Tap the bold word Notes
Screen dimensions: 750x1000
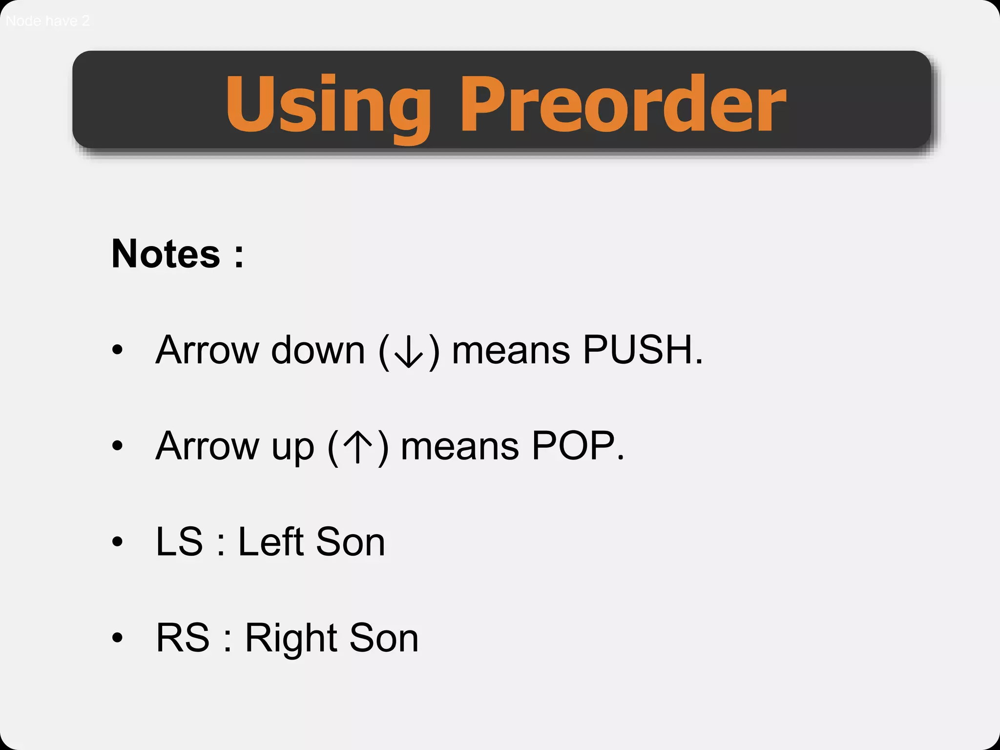pyautogui.click(x=166, y=254)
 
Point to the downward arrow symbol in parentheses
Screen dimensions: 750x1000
pyautogui.click(x=409, y=351)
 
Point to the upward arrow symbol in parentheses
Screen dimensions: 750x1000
pyautogui.click(x=358, y=446)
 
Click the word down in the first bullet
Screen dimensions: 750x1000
pyautogui.click(x=318, y=350)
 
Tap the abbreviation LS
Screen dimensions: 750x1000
pyautogui.click(x=179, y=542)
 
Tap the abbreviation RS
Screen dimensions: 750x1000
pyautogui.click(x=182, y=638)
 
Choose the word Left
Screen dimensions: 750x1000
pyautogui.click(x=271, y=542)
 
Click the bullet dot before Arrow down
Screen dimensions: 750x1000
pyautogui.click(x=117, y=350)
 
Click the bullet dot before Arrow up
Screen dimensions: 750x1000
pyautogui.click(x=117, y=445)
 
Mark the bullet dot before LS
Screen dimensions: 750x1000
pyautogui.click(x=117, y=542)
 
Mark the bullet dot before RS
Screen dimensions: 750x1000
pyautogui.click(x=117, y=638)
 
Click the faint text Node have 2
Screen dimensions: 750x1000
pyautogui.click(x=48, y=21)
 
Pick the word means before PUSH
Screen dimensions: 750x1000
pyautogui.click(x=511, y=351)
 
